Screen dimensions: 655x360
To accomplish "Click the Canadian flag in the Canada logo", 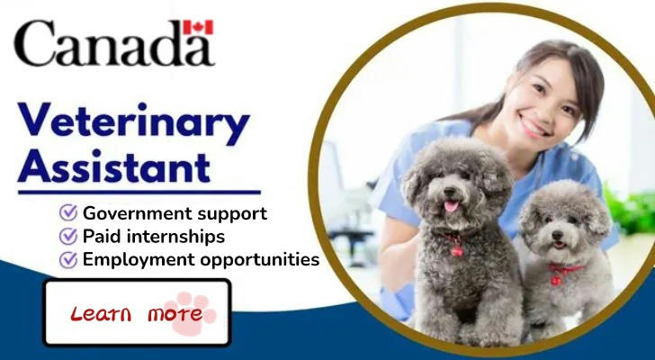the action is (198, 27).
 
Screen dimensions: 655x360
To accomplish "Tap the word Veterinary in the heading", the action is (134, 120).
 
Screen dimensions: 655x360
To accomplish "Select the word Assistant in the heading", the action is (113, 166).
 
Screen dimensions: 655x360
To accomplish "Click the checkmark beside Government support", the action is (68, 212).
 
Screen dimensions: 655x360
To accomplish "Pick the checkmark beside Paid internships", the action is (68, 236).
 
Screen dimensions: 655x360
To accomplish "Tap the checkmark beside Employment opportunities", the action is (68, 260).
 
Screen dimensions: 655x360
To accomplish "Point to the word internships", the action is (175, 237).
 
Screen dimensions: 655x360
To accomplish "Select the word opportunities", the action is (259, 260).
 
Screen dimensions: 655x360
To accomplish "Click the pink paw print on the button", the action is (189, 313).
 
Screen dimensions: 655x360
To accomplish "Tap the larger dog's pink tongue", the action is (451, 206).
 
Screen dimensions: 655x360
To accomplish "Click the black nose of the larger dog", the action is (450, 192).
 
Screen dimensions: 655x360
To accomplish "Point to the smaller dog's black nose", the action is (557, 236).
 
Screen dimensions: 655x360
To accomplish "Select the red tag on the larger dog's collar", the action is (456, 250).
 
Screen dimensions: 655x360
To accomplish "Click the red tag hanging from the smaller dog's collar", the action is (556, 281).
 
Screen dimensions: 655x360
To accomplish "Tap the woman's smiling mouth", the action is (533, 128).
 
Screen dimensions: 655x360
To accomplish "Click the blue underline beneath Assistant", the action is (139, 192).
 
